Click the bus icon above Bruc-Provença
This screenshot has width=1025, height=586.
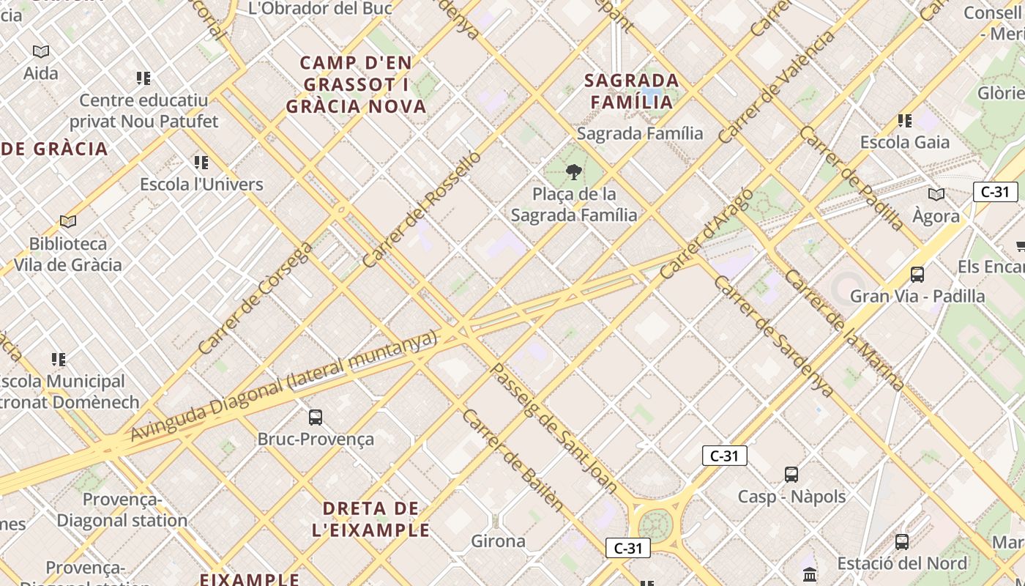point(316,418)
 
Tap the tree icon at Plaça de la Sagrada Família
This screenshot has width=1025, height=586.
point(574,173)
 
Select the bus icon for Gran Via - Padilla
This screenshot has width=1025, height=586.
point(917,275)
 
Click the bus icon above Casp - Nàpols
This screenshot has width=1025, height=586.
point(791,474)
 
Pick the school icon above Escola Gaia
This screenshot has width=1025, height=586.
point(905,121)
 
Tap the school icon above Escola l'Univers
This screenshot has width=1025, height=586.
point(201,163)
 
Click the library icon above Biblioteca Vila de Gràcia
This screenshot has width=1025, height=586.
point(68,221)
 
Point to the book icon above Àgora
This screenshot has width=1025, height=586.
point(936,195)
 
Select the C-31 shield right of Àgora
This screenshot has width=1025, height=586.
point(996,192)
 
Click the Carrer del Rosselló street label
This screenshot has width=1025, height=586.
point(422,209)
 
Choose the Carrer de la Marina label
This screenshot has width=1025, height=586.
point(844,330)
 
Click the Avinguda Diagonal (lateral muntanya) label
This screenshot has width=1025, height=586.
point(284,386)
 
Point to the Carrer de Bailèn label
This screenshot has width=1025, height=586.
point(513,459)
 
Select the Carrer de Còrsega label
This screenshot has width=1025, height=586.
point(256,297)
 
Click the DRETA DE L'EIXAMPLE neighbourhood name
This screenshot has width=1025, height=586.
point(370,519)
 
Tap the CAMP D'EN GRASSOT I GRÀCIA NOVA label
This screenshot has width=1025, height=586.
point(356,84)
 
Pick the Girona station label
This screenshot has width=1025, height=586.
point(498,541)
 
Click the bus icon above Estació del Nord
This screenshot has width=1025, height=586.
point(902,542)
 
